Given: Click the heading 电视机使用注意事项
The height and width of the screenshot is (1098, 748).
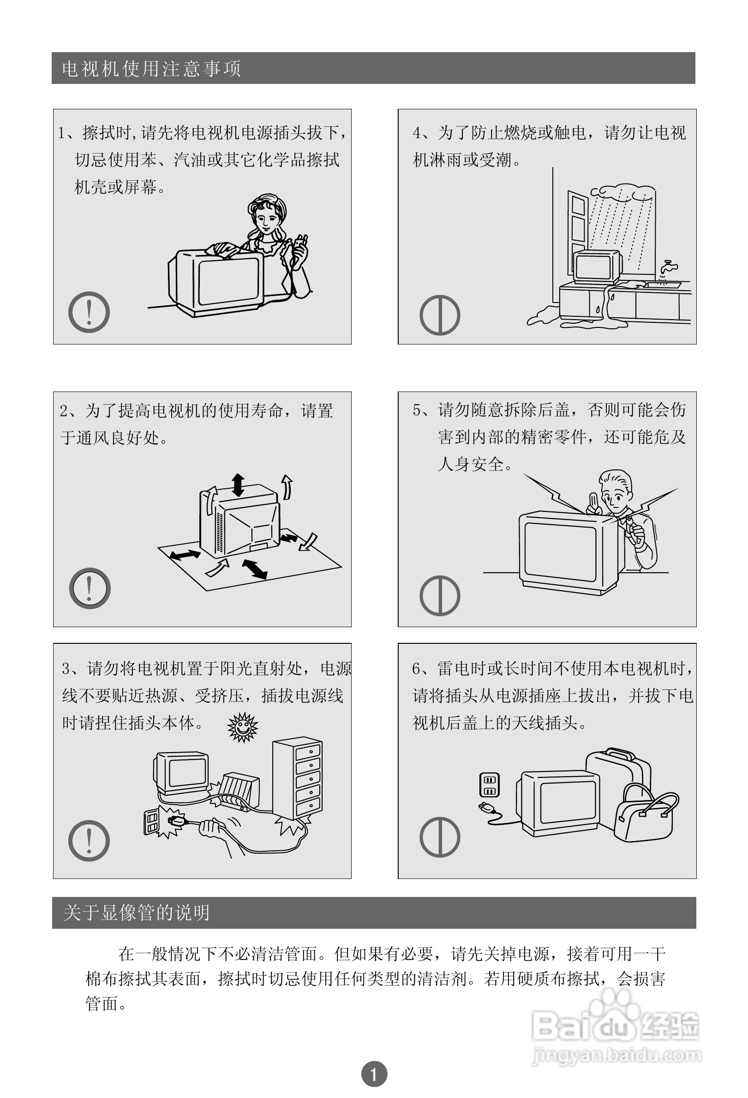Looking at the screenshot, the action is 151,69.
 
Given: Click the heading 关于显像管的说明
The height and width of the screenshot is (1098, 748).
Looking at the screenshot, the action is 136,912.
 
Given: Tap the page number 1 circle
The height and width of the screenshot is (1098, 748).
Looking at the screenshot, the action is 374,1074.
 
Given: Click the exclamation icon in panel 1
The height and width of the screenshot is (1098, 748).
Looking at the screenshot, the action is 89,312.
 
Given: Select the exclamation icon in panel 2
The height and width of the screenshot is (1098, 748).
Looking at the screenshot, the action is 90,588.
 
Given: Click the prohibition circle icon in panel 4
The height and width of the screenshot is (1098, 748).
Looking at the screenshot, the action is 440,315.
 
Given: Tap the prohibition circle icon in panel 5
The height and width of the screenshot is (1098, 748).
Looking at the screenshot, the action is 440,596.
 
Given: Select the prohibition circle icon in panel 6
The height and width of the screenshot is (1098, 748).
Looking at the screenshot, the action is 440,837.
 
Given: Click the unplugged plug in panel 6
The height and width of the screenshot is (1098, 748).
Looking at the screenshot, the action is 486,807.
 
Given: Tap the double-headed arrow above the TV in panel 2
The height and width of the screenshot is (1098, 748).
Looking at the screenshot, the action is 238,485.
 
